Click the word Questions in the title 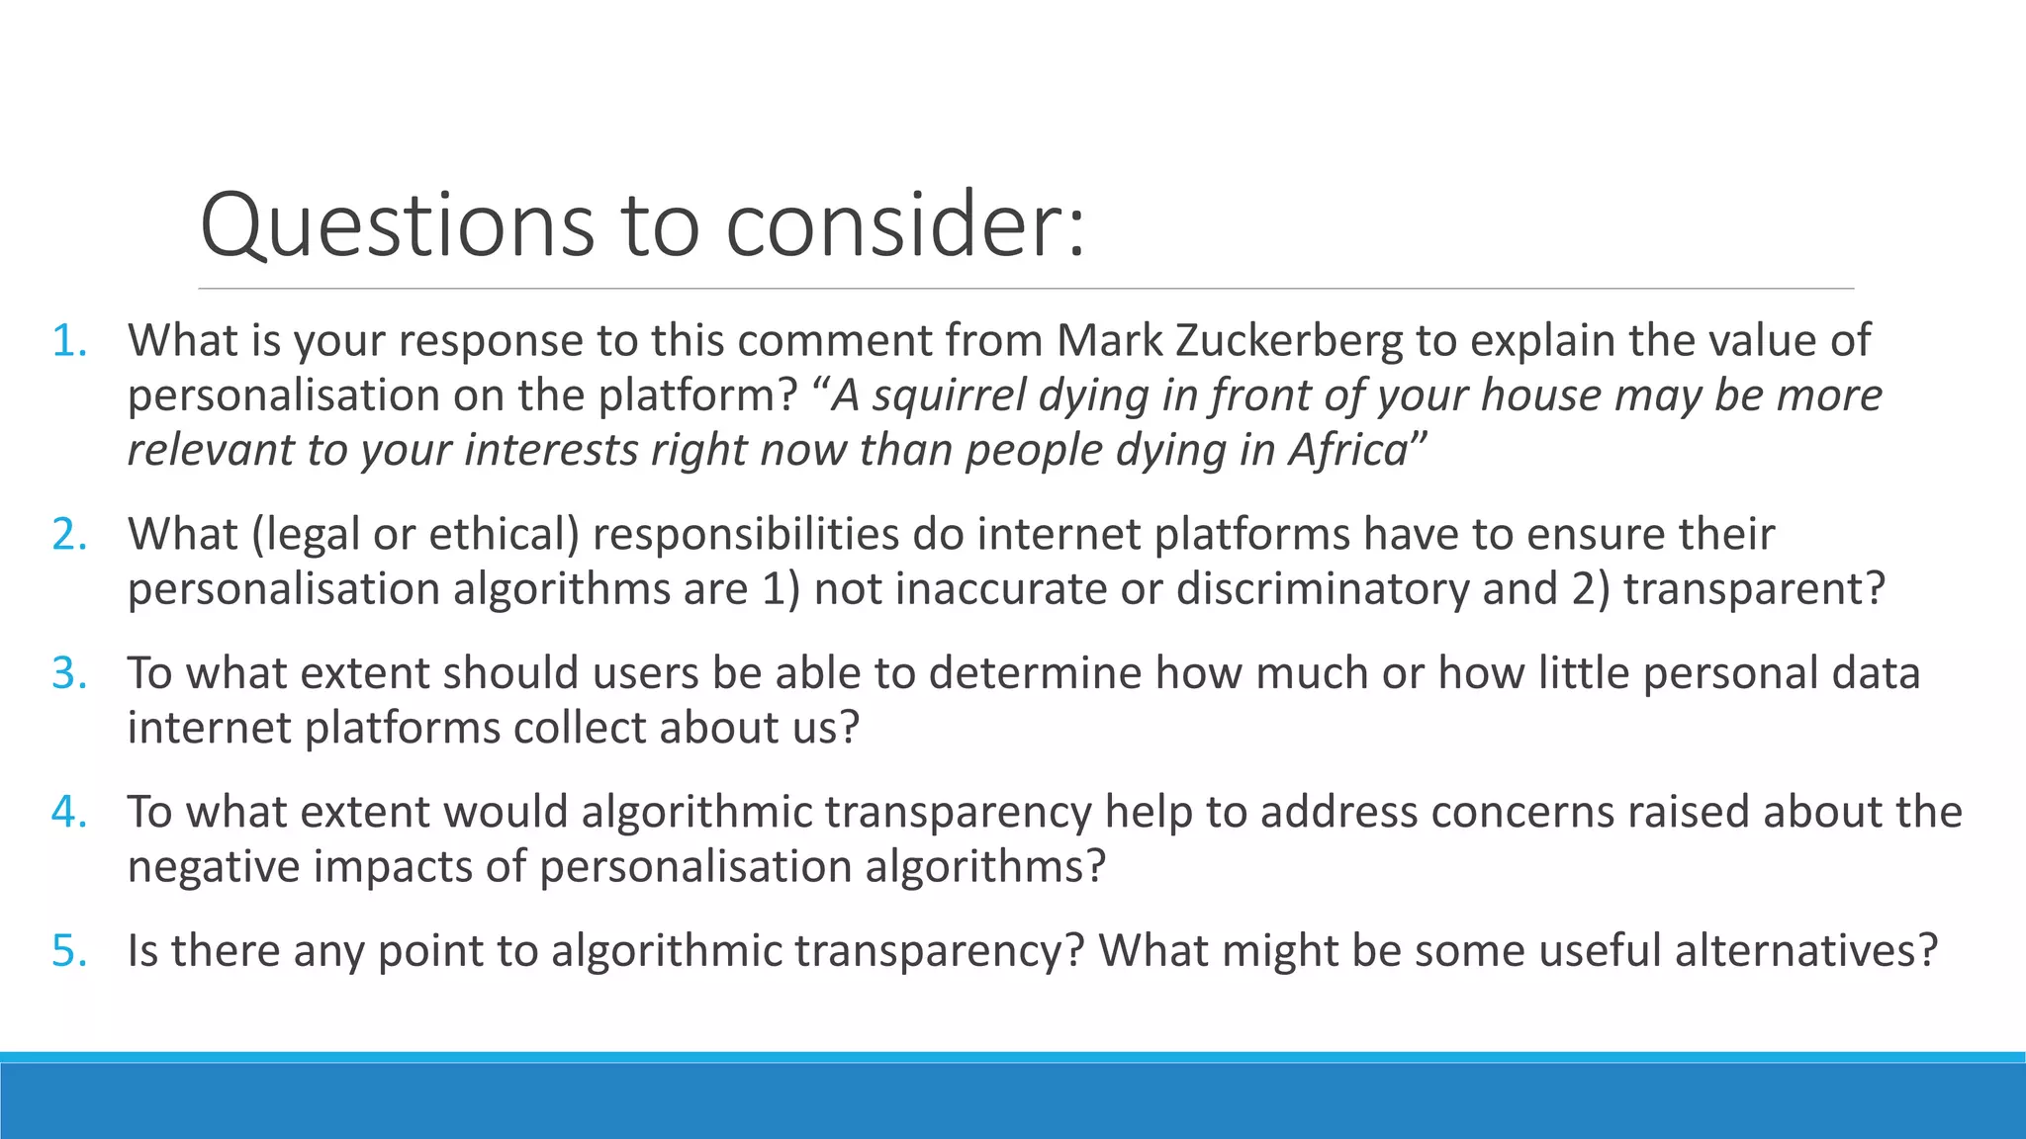click(x=397, y=225)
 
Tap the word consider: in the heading click(x=905, y=225)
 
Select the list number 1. click(x=68, y=340)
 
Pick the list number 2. click(x=68, y=534)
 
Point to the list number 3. click(x=68, y=673)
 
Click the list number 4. click(x=68, y=812)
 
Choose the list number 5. click(x=68, y=951)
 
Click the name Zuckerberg click(x=1289, y=340)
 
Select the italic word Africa click(x=1347, y=450)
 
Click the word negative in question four click(x=215, y=867)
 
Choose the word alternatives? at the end click(x=1805, y=951)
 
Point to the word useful click(x=1600, y=951)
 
